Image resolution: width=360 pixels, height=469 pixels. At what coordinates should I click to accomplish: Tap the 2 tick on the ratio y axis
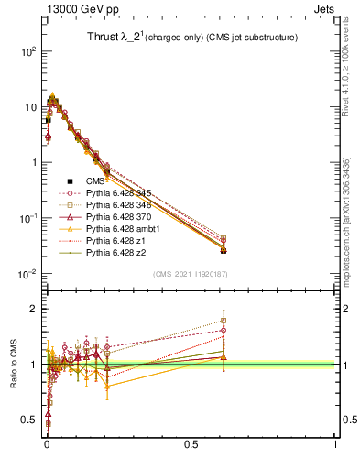pos(35,309)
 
